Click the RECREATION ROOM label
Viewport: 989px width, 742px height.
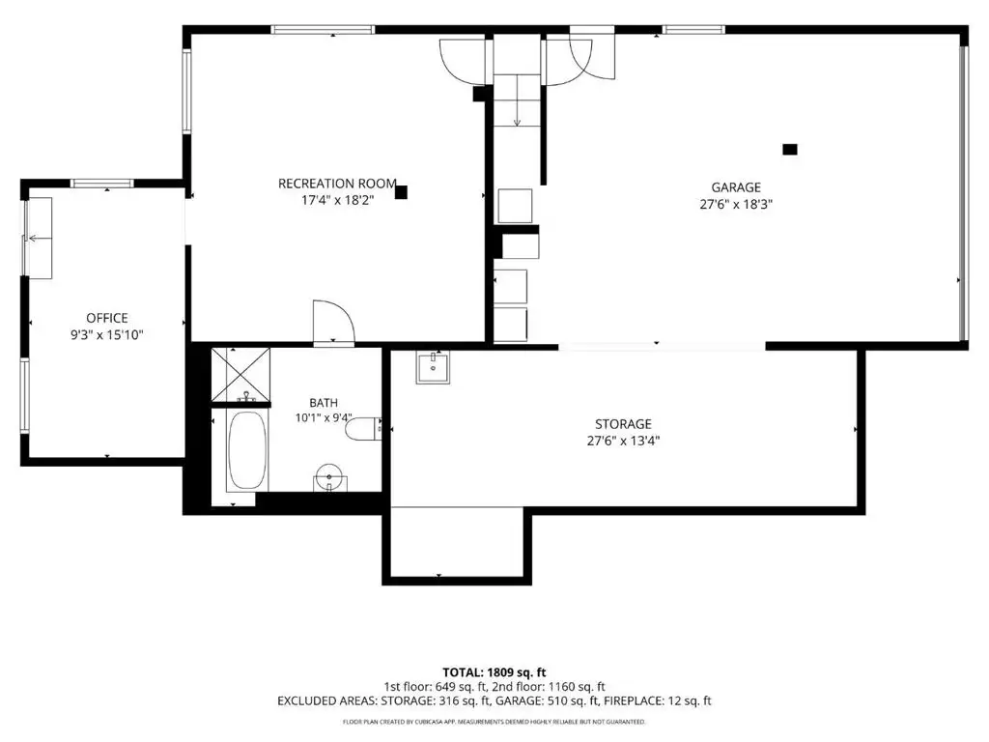[337, 184]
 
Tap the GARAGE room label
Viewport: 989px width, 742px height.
[736, 187]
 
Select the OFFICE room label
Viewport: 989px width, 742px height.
[107, 318]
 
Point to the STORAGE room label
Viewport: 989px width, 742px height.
[623, 424]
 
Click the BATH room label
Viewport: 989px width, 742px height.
[324, 403]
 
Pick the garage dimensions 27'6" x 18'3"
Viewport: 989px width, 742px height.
[736, 205]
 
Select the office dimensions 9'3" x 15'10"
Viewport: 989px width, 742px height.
[107, 335]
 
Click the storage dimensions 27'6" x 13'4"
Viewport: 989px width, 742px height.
[623, 441]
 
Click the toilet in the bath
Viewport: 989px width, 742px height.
[363, 428]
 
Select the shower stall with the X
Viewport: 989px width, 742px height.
[240, 374]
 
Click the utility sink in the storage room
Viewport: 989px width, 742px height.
[433, 367]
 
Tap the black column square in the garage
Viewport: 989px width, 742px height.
[790, 150]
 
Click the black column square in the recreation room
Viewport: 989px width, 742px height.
[401, 192]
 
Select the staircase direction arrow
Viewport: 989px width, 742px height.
[518, 100]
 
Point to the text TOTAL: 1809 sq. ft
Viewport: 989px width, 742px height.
[494, 672]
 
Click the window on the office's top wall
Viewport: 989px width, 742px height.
[102, 184]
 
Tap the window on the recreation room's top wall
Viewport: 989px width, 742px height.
[323, 30]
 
